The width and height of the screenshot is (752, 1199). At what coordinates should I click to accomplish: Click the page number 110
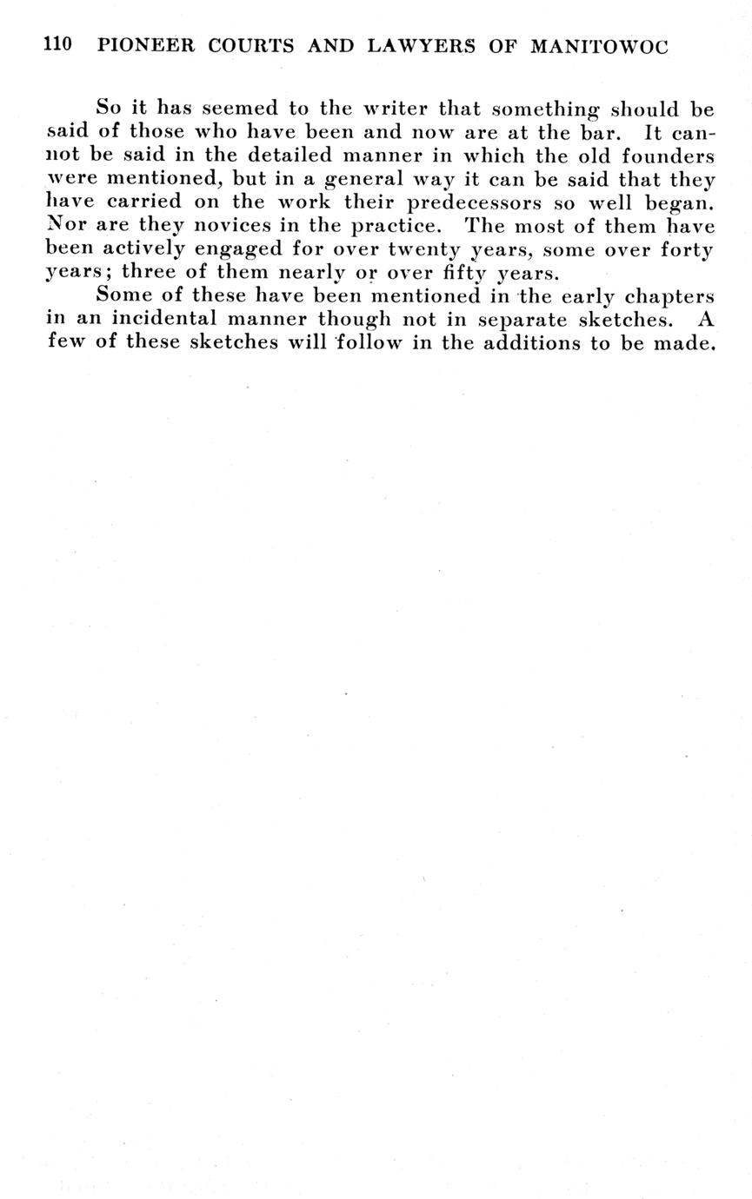click(x=57, y=45)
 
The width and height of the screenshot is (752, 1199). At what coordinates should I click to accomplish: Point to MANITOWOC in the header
click(x=599, y=46)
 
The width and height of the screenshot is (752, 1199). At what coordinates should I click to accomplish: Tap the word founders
click(x=669, y=156)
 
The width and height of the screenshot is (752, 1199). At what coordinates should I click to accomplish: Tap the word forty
click(x=686, y=250)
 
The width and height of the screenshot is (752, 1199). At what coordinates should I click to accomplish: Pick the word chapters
click(x=669, y=295)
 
